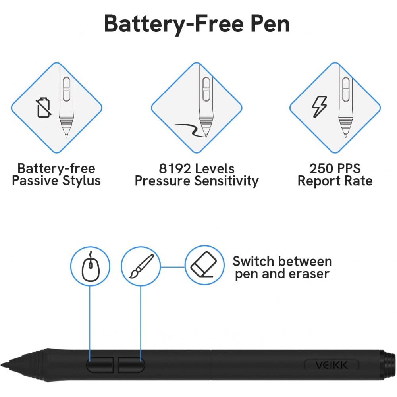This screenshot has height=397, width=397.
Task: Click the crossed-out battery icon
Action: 43,108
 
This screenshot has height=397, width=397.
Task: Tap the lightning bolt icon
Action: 319,106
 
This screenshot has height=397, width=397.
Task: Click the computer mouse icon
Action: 91,266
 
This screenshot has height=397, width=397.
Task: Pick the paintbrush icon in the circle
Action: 141,266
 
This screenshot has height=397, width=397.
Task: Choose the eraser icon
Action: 204,264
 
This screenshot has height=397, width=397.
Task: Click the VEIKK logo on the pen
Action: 331,365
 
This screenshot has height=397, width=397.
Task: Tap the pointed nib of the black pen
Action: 2,365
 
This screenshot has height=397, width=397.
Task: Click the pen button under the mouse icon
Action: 100,364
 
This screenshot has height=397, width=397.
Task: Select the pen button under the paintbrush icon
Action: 131,364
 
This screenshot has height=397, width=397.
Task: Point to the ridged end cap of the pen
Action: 388,365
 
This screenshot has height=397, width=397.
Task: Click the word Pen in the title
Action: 270,24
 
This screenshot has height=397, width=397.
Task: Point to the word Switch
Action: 253,261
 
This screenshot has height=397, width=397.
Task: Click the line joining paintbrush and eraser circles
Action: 173,267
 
